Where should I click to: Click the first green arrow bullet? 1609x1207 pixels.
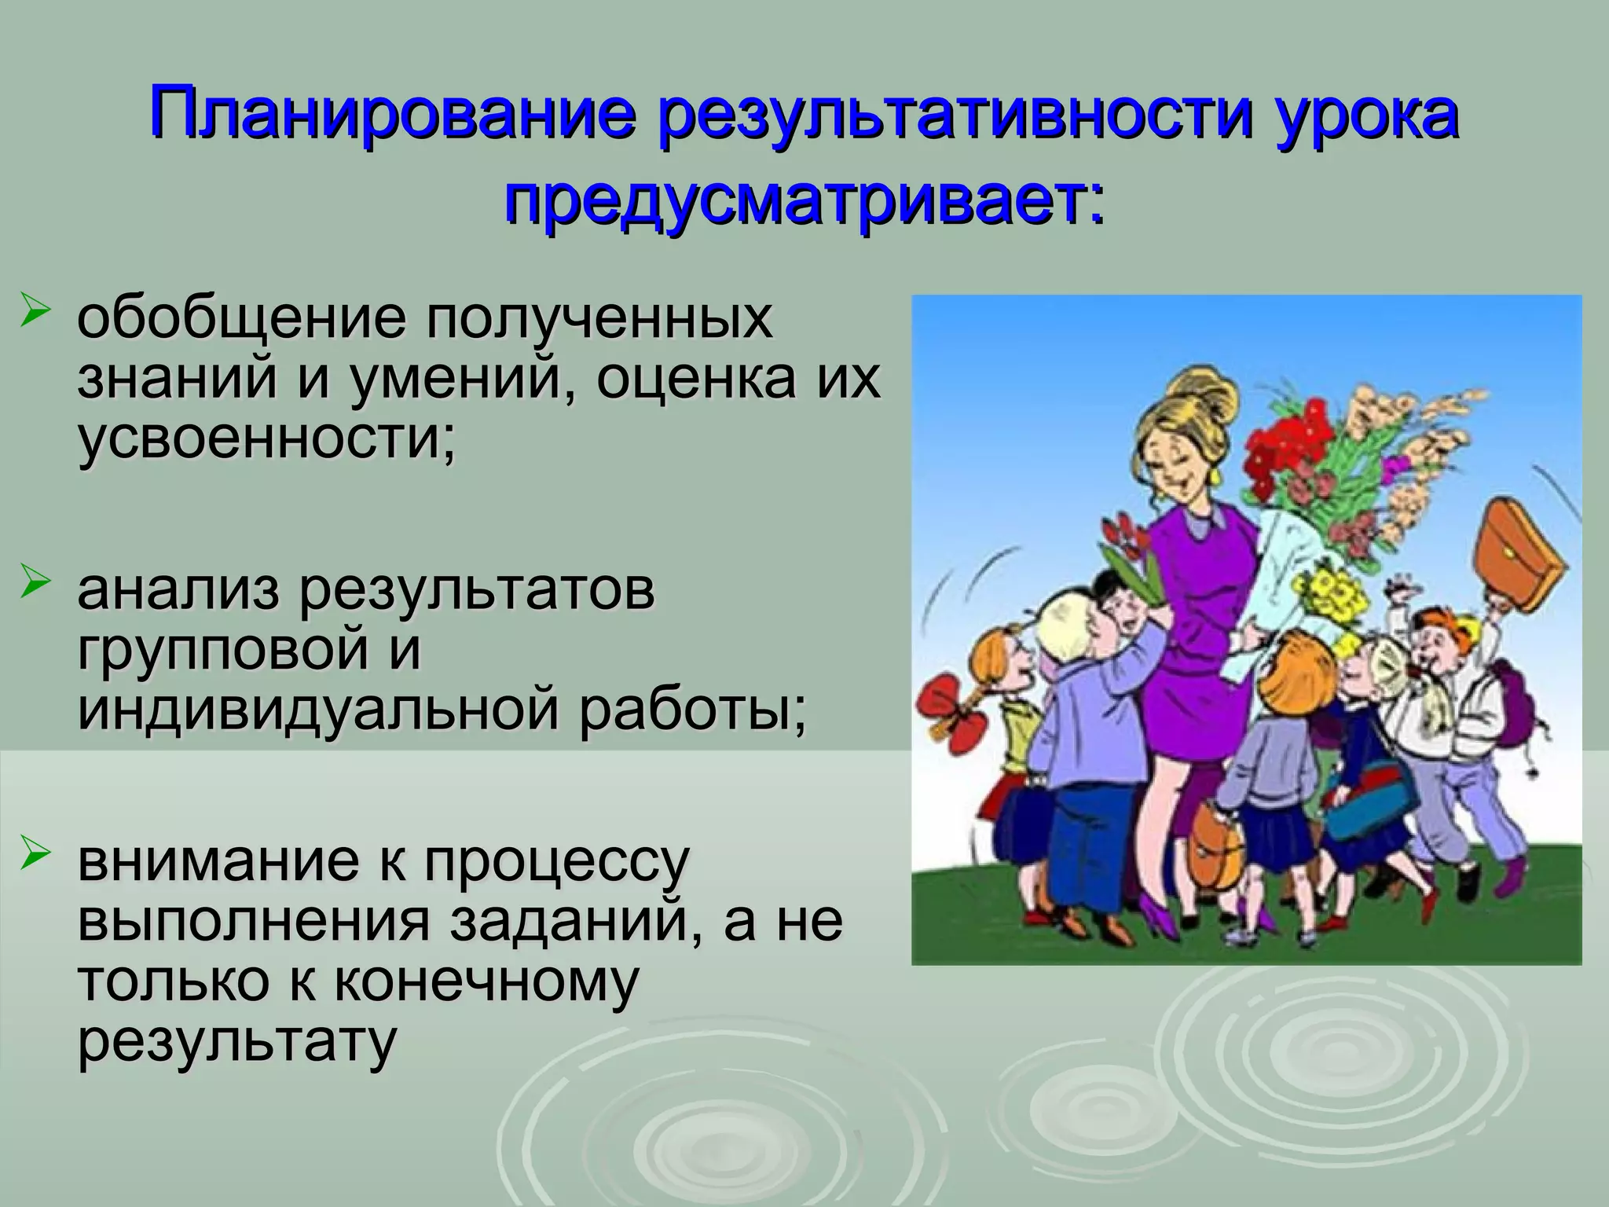coord(38,313)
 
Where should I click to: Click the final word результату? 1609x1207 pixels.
coord(235,1041)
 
